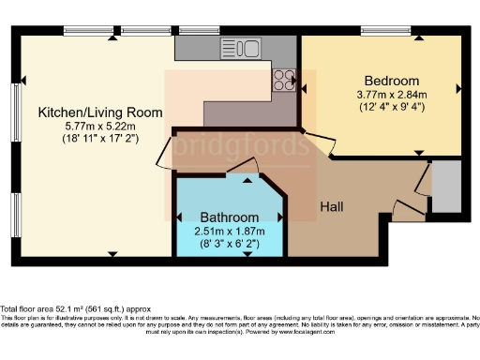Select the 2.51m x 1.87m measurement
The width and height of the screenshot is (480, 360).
229,230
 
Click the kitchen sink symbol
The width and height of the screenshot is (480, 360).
242,46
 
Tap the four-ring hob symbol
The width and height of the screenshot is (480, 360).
284,81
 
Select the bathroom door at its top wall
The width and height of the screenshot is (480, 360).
246,168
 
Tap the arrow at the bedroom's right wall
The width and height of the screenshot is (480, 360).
457,90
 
